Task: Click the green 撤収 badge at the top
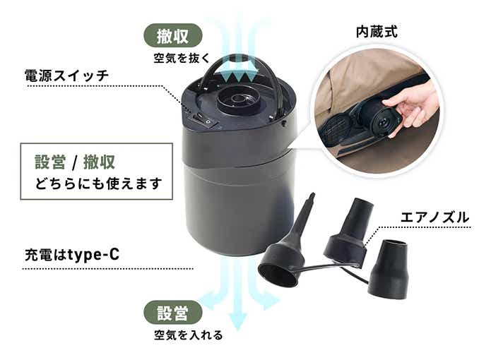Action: pyautogui.click(x=173, y=35)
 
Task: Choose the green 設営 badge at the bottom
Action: pyautogui.click(x=173, y=312)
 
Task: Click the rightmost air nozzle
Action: pyautogui.click(x=389, y=268)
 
